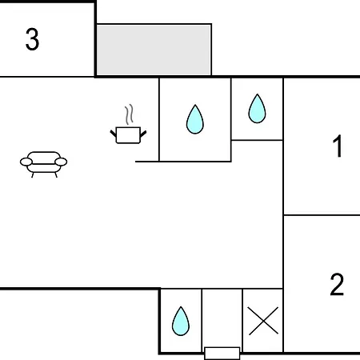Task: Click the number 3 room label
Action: (32, 39)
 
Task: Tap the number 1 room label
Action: (338, 146)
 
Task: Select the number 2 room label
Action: (337, 285)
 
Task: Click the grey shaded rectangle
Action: (154, 50)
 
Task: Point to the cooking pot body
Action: (128, 135)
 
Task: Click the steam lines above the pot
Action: (129, 114)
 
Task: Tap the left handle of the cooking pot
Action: (114, 133)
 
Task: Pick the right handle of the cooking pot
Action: (143, 134)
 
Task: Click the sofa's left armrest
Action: (26, 162)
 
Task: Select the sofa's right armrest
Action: (61, 162)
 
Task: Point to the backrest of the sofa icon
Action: (44, 155)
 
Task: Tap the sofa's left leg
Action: (33, 175)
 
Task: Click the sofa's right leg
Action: (56, 175)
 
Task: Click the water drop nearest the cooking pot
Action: (195, 119)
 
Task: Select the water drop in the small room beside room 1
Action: (257, 109)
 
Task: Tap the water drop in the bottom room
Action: (181, 322)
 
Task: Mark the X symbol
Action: (263, 321)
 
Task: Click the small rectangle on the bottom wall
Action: (222, 354)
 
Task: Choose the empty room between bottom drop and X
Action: (222, 318)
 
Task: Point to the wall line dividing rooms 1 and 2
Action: (322, 215)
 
